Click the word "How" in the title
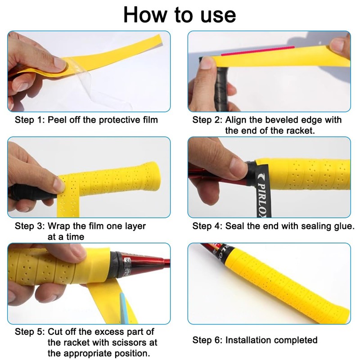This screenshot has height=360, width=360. [x=145, y=15]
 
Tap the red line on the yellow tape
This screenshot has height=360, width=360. [x=257, y=51]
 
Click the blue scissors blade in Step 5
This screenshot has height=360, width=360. [x=124, y=308]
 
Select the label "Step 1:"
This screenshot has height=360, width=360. [x=30, y=120]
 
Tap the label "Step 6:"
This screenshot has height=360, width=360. [x=207, y=340]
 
